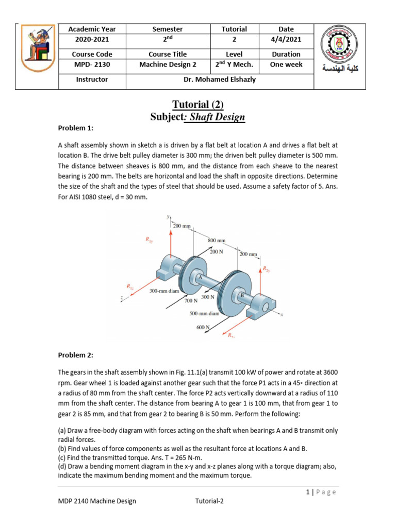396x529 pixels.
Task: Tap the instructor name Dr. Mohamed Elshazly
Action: (220, 80)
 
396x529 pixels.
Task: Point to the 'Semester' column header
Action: (168, 29)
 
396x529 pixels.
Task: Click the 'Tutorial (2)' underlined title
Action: (197, 105)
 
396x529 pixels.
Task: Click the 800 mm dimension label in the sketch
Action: (217, 241)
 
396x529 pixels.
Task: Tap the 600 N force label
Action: (203, 327)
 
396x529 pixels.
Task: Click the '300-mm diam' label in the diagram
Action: (164, 291)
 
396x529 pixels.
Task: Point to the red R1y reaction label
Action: (149, 239)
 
